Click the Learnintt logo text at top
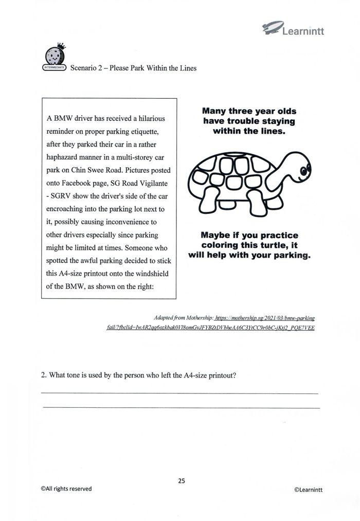(x=303, y=31)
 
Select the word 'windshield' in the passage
(x=146, y=274)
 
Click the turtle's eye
(x=303, y=169)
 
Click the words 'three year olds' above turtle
(x=262, y=111)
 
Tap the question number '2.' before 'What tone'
(x=44, y=375)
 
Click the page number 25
(x=181, y=481)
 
